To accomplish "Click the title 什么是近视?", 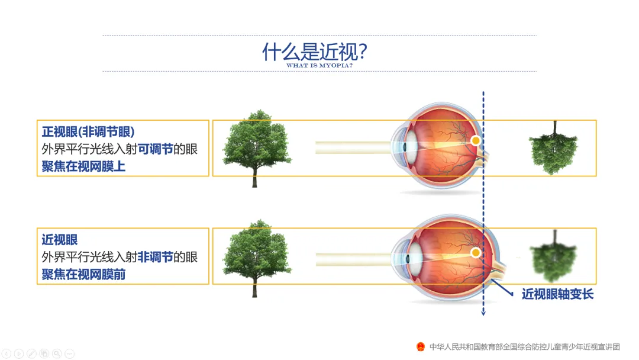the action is tap(315, 52).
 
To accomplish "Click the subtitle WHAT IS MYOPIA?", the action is tap(319, 66).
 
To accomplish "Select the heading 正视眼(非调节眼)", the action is tap(88, 131).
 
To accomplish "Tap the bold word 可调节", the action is tap(155, 149).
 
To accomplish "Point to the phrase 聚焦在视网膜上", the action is tap(83, 166).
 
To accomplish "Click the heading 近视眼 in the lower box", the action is tap(60, 240).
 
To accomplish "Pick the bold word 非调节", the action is tap(155, 257).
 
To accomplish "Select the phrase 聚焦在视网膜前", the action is tap(83, 274).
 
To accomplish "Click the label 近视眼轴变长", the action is tap(557, 294).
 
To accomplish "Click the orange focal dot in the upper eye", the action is tap(475, 141).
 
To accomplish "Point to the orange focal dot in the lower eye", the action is tap(475, 253).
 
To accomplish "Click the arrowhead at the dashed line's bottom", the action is tap(483, 312).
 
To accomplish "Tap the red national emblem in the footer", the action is tap(420, 346).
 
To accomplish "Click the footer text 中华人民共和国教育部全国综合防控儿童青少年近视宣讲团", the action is tap(524, 346).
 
